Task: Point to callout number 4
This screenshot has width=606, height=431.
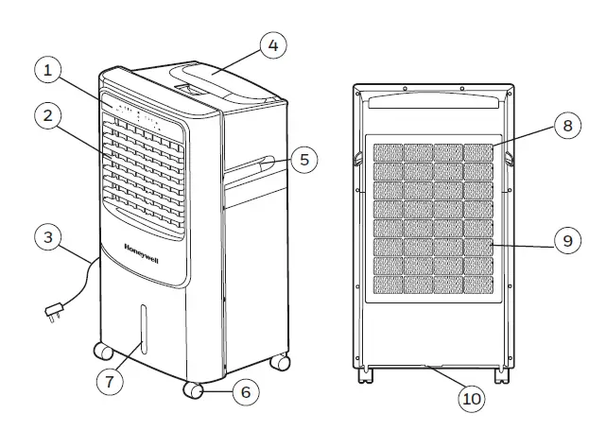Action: point(271,44)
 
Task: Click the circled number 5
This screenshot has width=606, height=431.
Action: point(303,159)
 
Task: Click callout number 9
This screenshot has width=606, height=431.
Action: point(566,241)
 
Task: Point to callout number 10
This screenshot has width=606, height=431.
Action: point(470,398)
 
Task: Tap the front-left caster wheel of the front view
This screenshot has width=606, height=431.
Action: point(102,352)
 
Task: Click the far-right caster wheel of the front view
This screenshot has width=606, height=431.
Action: point(280,361)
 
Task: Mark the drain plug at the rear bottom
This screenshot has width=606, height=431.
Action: point(434,364)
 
